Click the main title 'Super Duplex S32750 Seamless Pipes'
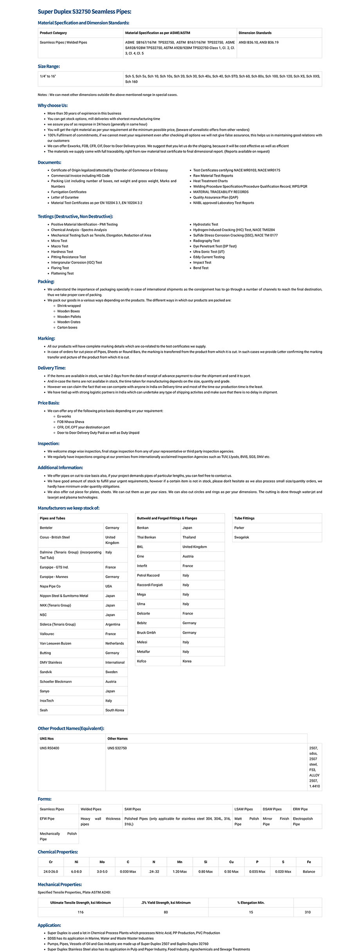coord(85,12)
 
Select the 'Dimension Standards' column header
coord(255,33)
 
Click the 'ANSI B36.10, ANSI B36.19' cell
coord(259,42)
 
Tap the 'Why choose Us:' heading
coord(53,105)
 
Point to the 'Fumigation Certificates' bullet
coord(69,192)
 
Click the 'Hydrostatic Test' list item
coord(205,225)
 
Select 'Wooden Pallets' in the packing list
coord(69,317)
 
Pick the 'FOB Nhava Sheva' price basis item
coord(71,422)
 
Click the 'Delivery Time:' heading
coord(52,368)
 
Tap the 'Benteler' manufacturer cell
coord(46,528)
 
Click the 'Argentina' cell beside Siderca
coord(113,624)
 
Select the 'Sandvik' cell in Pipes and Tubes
coord(46,672)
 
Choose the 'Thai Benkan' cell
coord(146,537)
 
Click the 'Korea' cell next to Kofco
coord(187,661)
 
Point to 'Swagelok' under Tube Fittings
coord(242,537)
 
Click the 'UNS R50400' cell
coord(50,748)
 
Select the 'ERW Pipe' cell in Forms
coord(301,809)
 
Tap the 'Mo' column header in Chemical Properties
coord(102,862)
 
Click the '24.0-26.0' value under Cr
coord(51,871)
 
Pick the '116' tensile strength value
coord(81,912)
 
